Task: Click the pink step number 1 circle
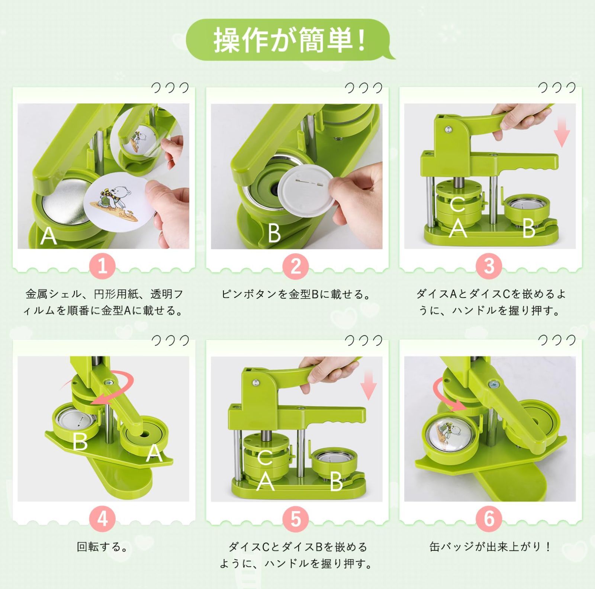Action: pos(102,266)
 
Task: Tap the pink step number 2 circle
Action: pos(296,266)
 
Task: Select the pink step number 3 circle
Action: pos(489,266)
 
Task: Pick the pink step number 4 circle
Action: pos(102,519)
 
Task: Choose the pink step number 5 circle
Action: pos(296,519)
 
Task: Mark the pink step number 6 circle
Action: pos(489,519)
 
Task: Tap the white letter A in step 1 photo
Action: pos(49,236)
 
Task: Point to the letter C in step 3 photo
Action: pos(457,205)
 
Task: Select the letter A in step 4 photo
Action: pos(154,453)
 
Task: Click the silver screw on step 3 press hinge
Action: pos(449,129)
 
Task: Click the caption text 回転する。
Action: pos(102,547)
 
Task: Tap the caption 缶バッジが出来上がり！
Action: pos(489,547)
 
